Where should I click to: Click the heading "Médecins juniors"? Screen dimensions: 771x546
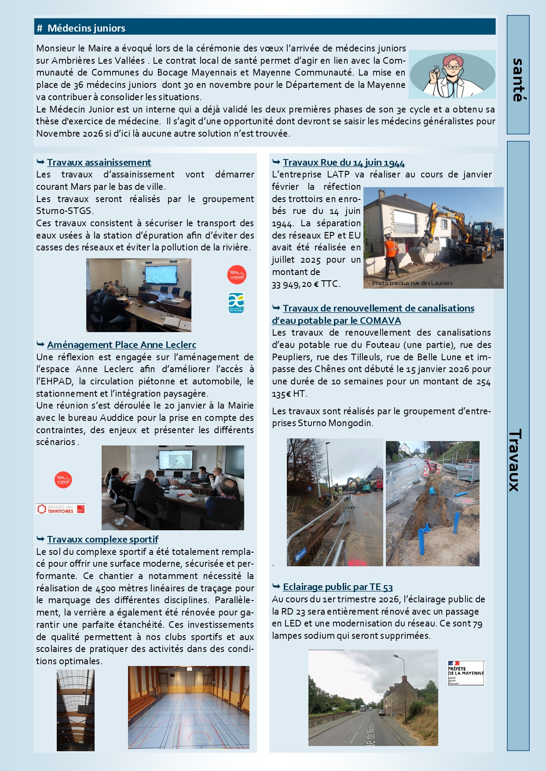pyautogui.click(x=86, y=28)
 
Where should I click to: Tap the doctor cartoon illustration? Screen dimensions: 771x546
pyautogui.click(x=452, y=74)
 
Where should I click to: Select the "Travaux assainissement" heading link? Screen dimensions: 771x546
pyautogui.click(x=99, y=163)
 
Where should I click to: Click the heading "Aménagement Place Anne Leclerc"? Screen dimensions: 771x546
pyautogui.click(x=121, y=345)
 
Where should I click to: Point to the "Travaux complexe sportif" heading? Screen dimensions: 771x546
pyautogui.click(x=103, y=539)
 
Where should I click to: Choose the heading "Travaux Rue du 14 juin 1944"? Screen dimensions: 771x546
pyautogui.click(x=344, y=163)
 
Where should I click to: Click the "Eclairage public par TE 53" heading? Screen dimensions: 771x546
pyautogui.click(x=337, y=587)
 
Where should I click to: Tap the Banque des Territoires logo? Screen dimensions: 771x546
pyautogui.click(x=61, y=509)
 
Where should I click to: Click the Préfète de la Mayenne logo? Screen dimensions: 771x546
pyautogui.click(x=465, y=673)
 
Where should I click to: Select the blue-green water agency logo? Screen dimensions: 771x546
pyautogui.click(x=236, y=303)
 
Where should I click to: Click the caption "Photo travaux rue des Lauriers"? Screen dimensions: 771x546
pyautogui.click(x=412, y=283)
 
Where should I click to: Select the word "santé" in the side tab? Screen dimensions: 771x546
pyautogui.click(x=518, y=80)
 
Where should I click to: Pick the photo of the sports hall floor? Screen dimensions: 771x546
pyautogui.click(x=188, y=707)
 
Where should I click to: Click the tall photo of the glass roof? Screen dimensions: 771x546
pyautogui.click(x=75, y=710)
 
